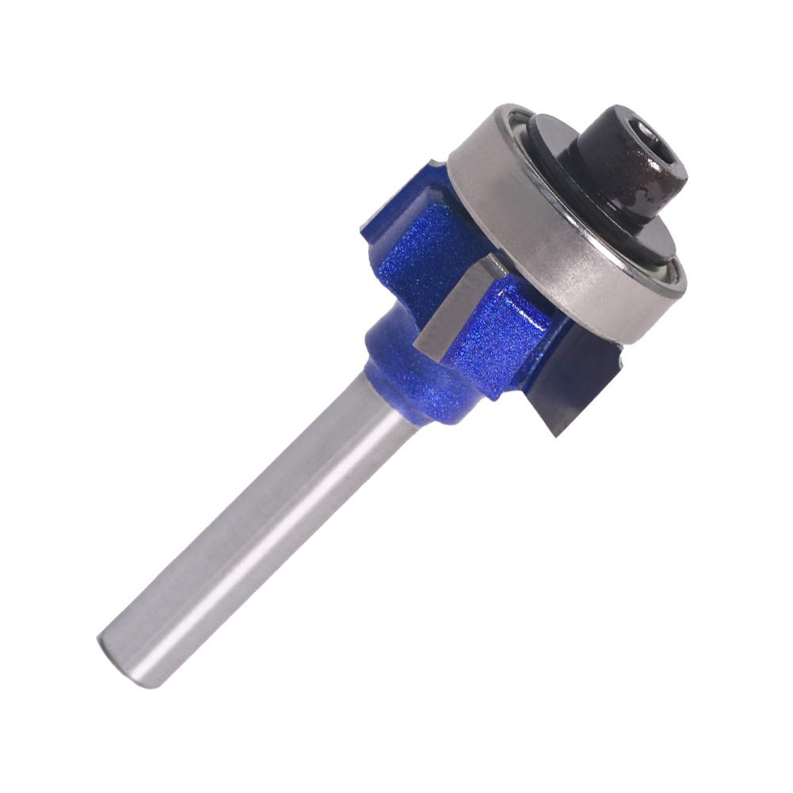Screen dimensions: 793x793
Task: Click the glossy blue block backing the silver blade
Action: [507, 333]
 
